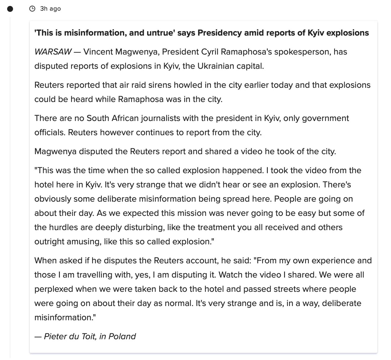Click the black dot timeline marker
10,9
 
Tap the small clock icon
32,9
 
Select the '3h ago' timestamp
51,9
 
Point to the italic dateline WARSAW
53,52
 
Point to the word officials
50,132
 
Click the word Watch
231,275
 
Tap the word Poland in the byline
122,337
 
